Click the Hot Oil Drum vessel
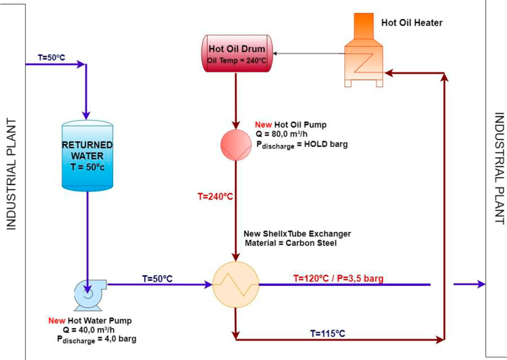coord(237,53)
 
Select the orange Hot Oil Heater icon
coord(364,54)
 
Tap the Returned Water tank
coord(87,156)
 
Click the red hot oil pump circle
coord(236,144)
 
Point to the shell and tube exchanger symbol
coord(236,284)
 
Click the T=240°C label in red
coord(215,196)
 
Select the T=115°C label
coord(328,333)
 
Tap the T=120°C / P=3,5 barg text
coord(338,278)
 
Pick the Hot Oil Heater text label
coord(412,23)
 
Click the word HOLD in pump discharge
coord(316,144)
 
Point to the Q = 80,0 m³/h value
coord(282,134)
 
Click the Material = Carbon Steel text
coord(291,243)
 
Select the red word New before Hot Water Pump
coord(57,321)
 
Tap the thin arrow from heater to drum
coord(307,53)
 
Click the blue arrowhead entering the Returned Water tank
coord(86,115)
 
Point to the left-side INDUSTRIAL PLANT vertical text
coord(11,174)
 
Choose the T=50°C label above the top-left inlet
coord(51,57)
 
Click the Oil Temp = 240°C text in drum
coord(237,60)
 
